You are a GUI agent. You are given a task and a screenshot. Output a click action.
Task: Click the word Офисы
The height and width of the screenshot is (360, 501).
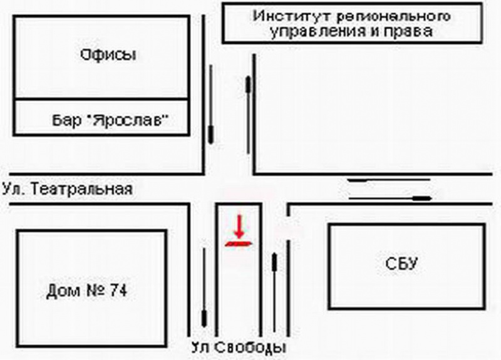coord(108,55)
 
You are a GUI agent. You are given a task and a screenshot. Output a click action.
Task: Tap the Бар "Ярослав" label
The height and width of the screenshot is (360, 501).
coord(110,120)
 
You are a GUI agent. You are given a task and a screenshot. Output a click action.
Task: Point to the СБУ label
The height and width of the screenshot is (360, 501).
coord(401,264)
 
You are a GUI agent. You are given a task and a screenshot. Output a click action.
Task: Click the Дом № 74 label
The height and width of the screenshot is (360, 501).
coord(87,291)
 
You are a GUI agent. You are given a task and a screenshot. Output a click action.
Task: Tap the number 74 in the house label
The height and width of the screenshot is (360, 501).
coord(118,291)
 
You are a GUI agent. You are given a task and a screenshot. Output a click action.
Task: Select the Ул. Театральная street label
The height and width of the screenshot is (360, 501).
coord(68,189)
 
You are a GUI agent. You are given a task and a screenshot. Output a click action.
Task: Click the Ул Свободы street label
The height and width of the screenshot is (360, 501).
coord(239,347)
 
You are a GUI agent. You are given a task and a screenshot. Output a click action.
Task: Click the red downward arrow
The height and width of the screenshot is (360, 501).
coord(239,226)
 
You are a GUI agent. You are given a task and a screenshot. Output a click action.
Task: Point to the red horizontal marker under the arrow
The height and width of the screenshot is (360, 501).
coord(239,244)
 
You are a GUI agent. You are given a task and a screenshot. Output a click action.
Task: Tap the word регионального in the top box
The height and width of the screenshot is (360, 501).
coord(394,17)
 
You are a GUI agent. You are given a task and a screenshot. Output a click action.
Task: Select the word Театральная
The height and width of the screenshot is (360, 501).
coord(82,189)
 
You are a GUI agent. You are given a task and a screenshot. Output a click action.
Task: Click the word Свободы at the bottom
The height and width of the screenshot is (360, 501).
coord(250,348)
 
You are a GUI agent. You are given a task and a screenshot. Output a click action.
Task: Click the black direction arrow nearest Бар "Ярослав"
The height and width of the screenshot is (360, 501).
coord(210,104)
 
